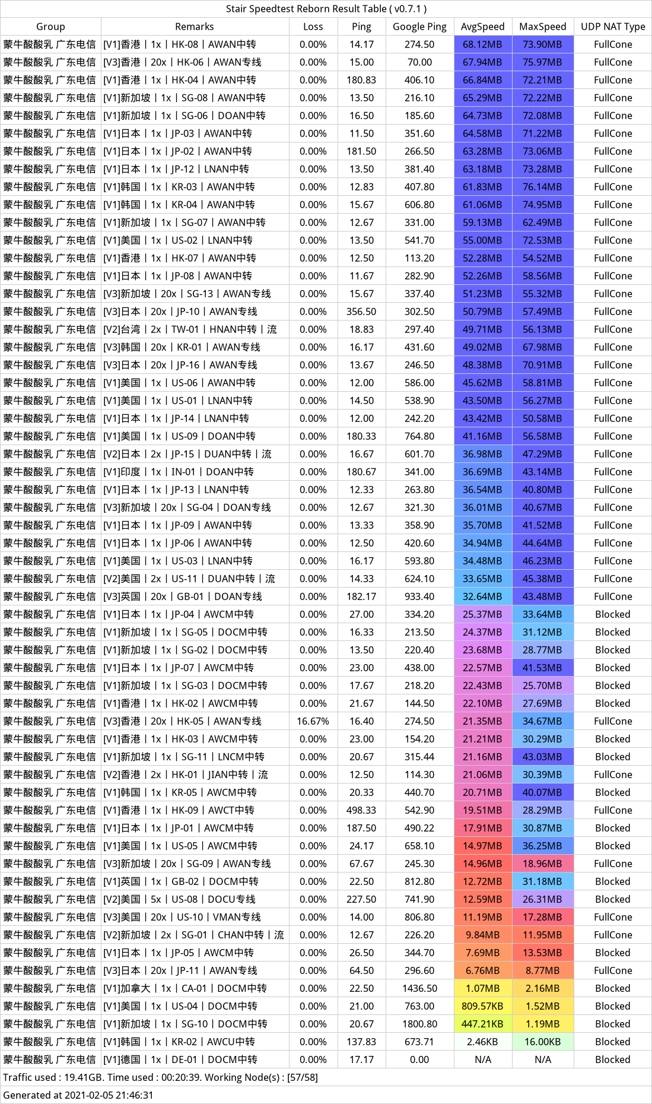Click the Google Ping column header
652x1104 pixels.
[x=419, y=27]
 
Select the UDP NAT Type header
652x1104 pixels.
[x=613, y=27]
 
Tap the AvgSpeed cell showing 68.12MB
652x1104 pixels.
[x=482, y=45]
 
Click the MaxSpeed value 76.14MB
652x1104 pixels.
[x=542, y=187]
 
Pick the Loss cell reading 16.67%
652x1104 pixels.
[x=313, y=721]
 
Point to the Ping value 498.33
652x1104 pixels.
[x=361, y=810]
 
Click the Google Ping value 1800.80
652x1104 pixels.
[x=419, y=1024]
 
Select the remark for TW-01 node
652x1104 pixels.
[x=190, y=329]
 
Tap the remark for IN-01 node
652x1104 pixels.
[x=179, y=472]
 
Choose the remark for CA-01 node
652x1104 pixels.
[x=185, y=988]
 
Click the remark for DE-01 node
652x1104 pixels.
[x=180, y=1059]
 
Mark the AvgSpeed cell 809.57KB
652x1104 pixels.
[x=482, y=1006]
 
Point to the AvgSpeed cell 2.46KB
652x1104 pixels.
[x=482, y=1042]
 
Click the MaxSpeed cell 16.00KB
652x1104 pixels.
[x=542, y=1042]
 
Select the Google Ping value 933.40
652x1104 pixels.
[x=419, y=597]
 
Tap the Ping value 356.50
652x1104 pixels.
[x=361, y=312]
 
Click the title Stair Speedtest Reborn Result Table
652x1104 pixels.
[x=326, y=9]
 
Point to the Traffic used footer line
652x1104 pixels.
[x=160, y=1077]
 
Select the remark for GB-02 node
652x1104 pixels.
[x=181, y=881]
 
